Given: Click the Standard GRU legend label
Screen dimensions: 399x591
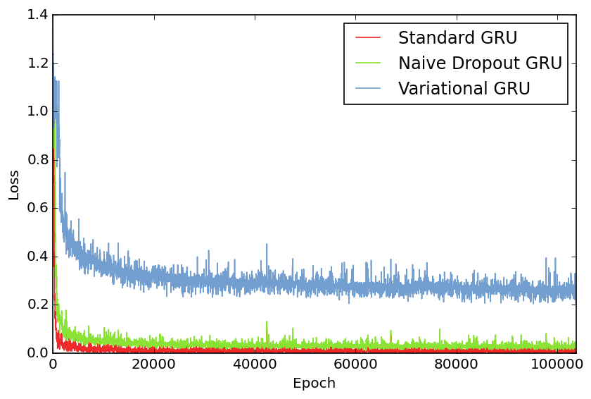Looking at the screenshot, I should [x=457, y=38].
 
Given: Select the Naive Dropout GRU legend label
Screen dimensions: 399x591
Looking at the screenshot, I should [x=480, y=63].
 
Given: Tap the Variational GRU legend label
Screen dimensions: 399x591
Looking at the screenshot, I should [x=464, y=89].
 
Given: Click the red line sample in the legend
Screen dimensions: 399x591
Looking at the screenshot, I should [x=368, y=37].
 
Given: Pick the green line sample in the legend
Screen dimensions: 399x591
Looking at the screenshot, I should [x=368, y=63].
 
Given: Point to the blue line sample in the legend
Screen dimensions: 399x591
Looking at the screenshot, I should [x=368, y=88].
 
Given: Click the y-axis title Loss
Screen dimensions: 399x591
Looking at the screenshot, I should [x=14, y=184].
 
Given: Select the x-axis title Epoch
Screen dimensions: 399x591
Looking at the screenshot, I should [x=314, y=383].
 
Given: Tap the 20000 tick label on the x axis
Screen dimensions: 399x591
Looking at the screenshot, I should [x=153, y=364].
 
